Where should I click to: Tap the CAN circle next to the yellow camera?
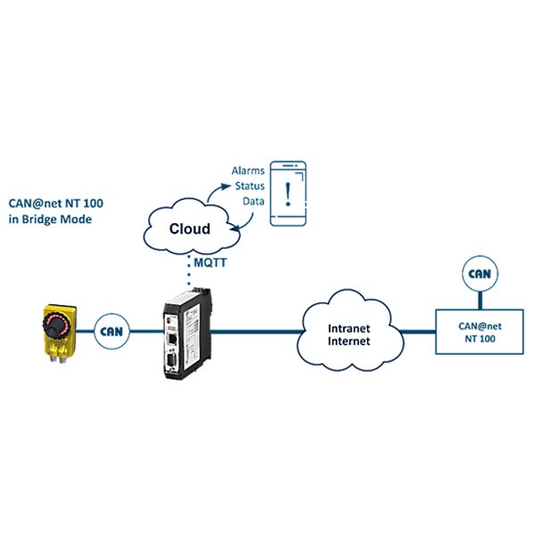tap(111, 330)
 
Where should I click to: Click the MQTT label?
tap(213, 264)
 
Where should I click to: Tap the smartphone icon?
tap(288, 195)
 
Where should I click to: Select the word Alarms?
tap(248, 169)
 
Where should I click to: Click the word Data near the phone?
tap(254, 201)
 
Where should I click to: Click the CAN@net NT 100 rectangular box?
tap(476, 333)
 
